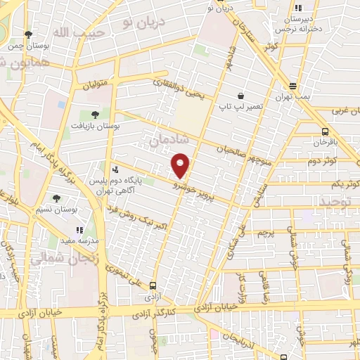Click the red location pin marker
[x=181, y=165]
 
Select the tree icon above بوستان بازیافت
[x=94, y=113]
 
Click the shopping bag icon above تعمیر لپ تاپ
[x=240, y=96]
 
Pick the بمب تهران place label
[x=293, y=96]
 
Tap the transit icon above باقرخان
[x=325, y=131]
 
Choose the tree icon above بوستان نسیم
[x=56, y=198]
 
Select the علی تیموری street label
[x=144, y=276]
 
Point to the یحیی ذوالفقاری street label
[x=181, y=88]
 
